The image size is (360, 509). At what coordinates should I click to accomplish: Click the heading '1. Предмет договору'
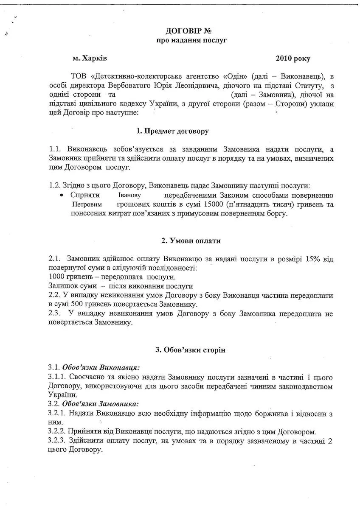176,131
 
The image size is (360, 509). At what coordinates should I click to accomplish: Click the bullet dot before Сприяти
62,195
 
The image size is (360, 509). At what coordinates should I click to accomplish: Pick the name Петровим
84,204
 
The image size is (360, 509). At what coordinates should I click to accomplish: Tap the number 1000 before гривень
57,277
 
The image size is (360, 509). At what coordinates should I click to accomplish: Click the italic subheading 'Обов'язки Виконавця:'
101,367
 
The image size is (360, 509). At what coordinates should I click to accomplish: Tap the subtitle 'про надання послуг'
191,41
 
